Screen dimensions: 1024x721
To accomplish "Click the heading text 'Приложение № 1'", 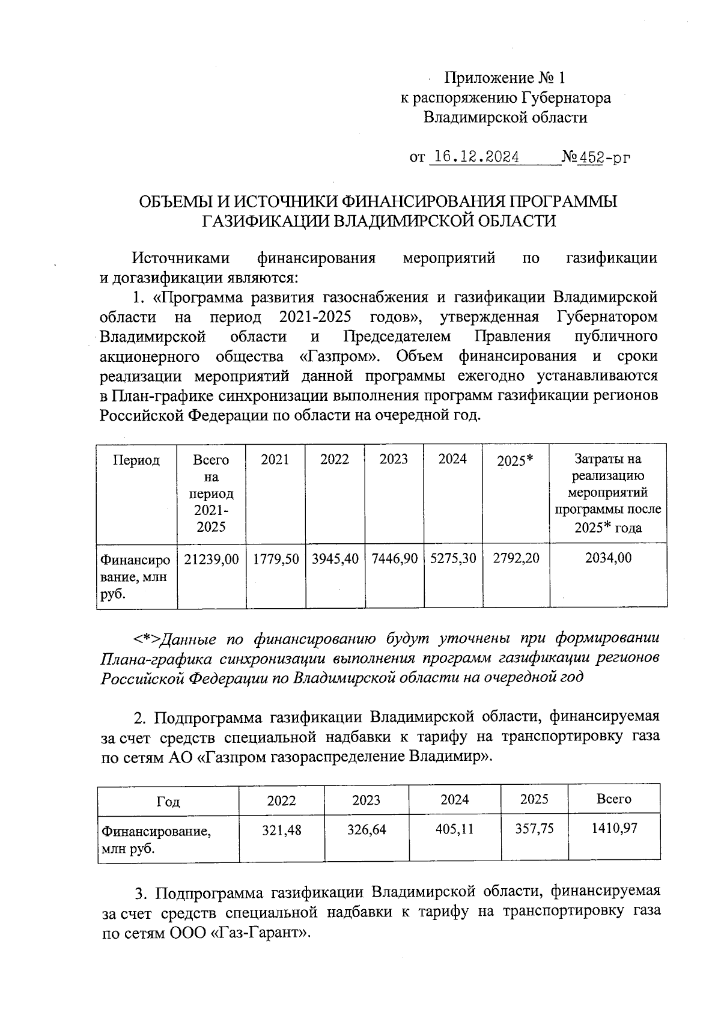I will click(505, 78).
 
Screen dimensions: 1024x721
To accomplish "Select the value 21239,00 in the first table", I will click(211, 558).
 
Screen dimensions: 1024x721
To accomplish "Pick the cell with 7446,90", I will click(394, 558).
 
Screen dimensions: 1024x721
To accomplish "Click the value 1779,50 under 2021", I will click(276, 558).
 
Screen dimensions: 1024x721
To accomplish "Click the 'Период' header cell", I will click(136, 460).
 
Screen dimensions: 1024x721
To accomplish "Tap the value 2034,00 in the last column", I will click(608, 558).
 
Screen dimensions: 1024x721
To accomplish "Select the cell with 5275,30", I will click(453, 558).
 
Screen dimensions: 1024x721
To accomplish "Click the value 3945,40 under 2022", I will click(335, 558).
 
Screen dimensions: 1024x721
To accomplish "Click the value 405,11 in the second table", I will click(454, 829).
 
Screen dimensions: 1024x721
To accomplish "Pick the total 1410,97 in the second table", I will click(614, 828).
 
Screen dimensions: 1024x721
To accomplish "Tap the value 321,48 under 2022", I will click(282, 830).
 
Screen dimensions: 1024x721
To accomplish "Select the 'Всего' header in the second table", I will click(614, 799).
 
